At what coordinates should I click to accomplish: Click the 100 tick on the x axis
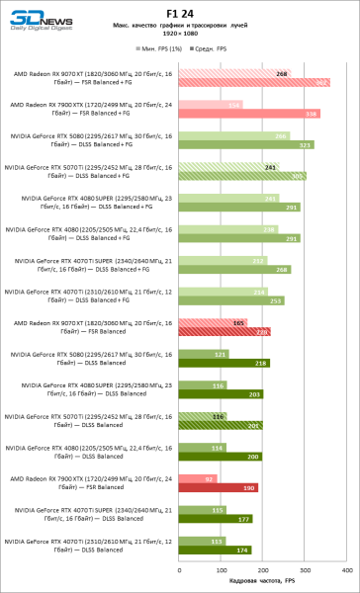coord(220,570)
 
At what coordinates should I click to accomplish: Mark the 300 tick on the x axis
coord(304,570)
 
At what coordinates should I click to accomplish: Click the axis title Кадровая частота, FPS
coord(261,582)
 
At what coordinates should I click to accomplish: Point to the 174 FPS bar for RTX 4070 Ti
coord(214,550)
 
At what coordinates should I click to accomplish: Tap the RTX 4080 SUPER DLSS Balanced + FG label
coord(91,202)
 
